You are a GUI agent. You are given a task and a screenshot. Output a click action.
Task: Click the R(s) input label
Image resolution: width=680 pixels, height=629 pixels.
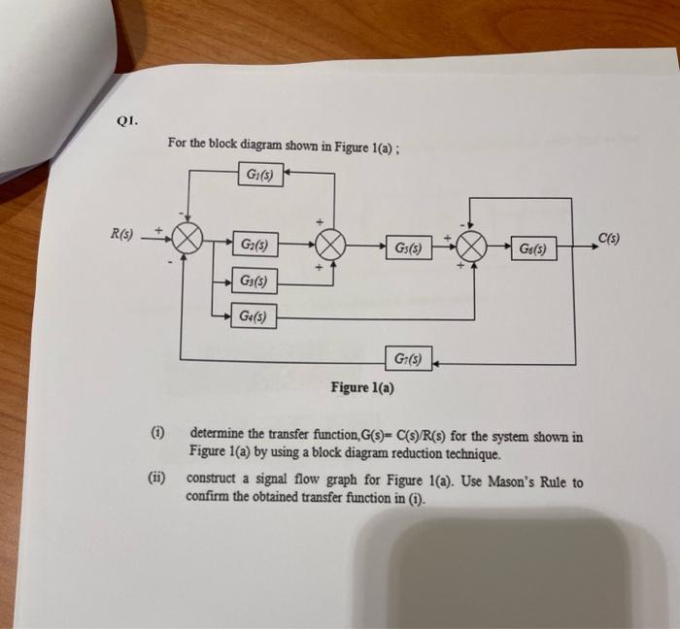121,233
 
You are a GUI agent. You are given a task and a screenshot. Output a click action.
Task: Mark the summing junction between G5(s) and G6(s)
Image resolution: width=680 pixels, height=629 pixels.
472,247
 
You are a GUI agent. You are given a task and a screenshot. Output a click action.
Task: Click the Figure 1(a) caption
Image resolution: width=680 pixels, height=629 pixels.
362,388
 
